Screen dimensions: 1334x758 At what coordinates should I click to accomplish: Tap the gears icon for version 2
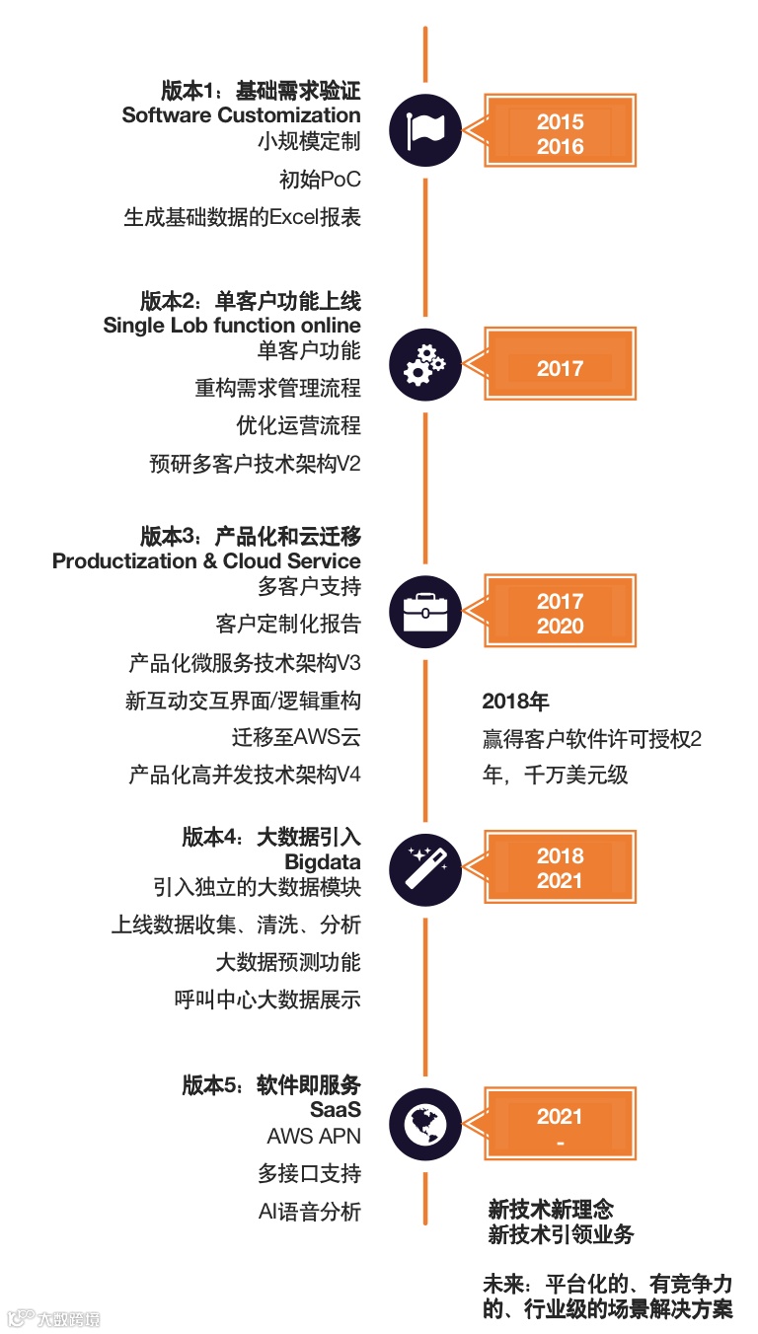point(425,365)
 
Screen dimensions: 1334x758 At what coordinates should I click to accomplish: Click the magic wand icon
point(425,868)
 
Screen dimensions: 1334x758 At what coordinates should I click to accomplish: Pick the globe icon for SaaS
point(425,1122)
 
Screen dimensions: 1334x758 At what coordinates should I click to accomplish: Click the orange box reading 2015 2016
point(560,133)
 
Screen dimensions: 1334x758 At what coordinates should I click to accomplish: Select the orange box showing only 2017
point(560,367)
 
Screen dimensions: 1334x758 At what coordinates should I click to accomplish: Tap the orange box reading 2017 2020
point(560,613)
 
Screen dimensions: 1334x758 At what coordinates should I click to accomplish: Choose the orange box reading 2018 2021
point(560,867)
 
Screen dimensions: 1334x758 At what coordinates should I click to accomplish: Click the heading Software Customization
point(241,115)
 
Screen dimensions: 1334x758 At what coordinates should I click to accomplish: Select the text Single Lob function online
point(232,326)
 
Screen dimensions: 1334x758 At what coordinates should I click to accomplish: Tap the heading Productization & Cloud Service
point(206,561)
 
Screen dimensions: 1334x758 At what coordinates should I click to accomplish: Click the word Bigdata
point(323,863)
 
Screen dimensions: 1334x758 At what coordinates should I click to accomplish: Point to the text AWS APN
point(314,1137)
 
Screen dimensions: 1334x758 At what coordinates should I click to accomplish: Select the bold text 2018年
point(515,702)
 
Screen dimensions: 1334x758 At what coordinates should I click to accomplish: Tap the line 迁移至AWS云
point(296,738)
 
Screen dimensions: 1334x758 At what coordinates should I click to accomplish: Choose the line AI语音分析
point(309,1212)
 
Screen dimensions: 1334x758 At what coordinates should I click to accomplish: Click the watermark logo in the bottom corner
point(53,1318)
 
